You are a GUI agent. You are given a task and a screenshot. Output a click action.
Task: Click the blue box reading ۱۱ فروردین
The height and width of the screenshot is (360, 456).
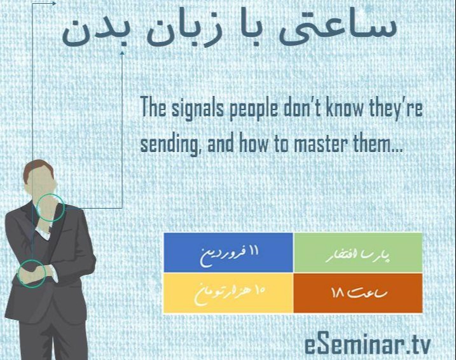(x=228, y=253)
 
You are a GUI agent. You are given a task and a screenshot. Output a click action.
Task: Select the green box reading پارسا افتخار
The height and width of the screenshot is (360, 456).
(x=358, y=253)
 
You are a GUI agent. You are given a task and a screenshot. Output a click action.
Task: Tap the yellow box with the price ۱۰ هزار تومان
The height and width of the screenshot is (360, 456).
(x=228, y=293)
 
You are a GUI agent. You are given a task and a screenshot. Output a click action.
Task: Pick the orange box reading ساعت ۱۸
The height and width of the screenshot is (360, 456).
(x=358, y=293)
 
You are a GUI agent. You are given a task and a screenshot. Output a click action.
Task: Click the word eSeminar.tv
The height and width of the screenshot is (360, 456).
(x=367, y=345)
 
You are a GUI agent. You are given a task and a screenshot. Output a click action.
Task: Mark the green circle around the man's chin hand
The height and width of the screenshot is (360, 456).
(x=50, y=209)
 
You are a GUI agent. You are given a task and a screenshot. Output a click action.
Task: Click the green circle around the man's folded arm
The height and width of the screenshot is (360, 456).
(x=31, y=272)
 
